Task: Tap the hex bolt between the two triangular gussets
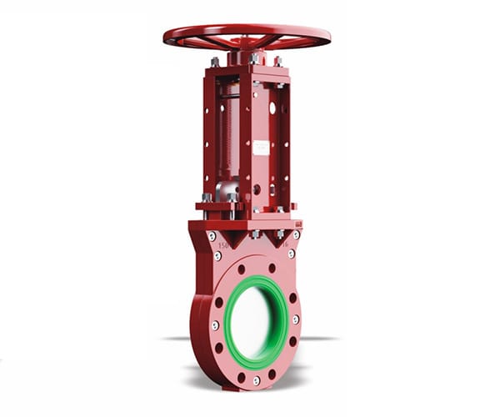pyautogui.click(x=253, y=234)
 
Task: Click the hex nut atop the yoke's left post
pyautogui.click(x=215, y=62)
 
